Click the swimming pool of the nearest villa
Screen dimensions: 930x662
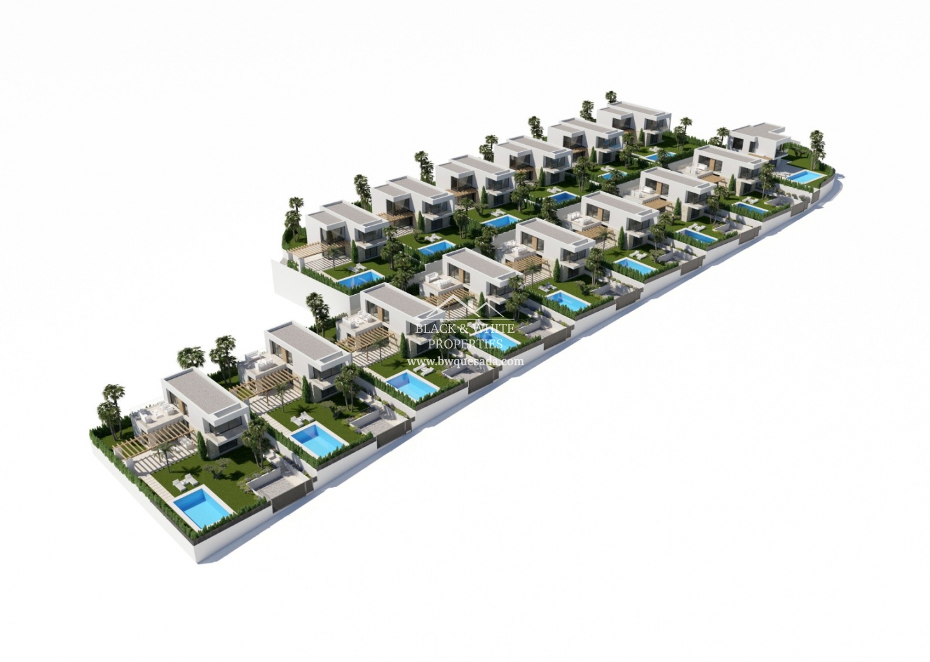[201, 508]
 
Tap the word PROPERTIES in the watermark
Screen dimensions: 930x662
[465, 343]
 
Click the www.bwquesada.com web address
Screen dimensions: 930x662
[465, 361]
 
